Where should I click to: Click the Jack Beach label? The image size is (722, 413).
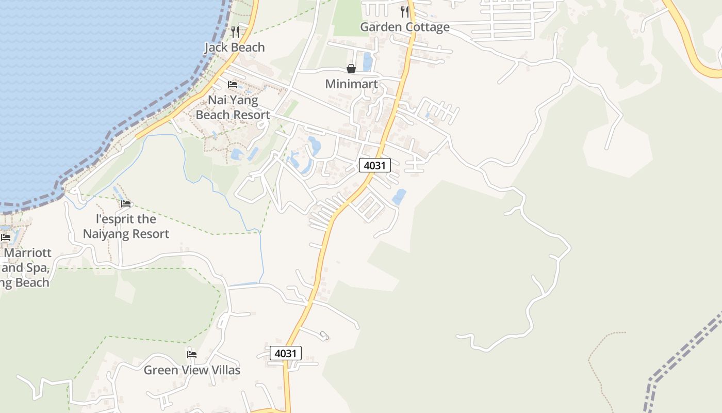coord(235,47)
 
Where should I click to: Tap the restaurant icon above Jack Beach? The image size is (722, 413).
coord(235,32)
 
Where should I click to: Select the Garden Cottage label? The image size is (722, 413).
coord(405,27)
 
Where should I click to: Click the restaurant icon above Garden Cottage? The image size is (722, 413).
coord(405,12)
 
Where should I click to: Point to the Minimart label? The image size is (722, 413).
coord(351,84)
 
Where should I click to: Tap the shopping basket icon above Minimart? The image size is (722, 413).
coord(351,69)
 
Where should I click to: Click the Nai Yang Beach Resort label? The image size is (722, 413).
coord(233,107)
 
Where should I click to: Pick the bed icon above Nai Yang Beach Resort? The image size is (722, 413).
coord(233,84)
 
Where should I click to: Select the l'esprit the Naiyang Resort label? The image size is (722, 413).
coord(126,226)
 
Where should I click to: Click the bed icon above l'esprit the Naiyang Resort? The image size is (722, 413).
coord(126,203)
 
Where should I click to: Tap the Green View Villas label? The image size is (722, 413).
coord(192,370)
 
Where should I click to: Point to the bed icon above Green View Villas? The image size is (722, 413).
coord(192,354)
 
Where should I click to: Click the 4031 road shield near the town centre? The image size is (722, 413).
coord(375,165)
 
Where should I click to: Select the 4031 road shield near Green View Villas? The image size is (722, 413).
coord(286,353)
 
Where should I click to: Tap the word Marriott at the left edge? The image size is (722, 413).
coord(28,253)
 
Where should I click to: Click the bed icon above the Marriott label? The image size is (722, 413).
coord(6,237)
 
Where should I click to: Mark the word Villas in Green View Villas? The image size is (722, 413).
coord(223,370)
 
